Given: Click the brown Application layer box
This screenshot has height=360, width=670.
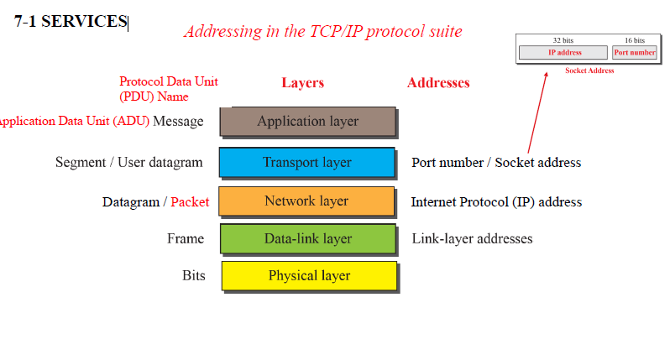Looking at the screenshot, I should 307,122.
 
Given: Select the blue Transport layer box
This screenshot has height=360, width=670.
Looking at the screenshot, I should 306,163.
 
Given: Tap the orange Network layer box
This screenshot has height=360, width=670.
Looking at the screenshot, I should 306,201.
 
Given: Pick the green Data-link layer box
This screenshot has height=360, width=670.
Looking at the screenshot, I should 308,239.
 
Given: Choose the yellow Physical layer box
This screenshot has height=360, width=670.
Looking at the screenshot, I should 309,276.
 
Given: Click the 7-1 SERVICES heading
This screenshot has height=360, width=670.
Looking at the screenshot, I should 71,22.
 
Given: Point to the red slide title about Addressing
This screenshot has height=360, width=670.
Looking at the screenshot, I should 322,32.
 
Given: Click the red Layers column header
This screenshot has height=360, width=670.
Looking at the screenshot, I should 302,83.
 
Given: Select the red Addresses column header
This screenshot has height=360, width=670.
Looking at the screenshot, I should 438,83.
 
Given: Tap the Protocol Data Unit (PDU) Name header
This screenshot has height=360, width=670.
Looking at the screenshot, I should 168,89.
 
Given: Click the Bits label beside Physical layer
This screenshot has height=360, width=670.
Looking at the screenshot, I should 193,275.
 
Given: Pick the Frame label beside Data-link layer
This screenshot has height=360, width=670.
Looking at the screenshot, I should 185,239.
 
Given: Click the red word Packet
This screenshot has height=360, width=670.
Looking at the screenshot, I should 190,202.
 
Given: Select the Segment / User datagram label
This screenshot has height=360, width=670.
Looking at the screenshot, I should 129,163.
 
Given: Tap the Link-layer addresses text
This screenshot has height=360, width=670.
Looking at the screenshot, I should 472,239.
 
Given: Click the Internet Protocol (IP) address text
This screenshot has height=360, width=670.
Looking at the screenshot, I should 496,202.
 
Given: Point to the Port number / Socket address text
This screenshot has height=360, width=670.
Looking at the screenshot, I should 496,163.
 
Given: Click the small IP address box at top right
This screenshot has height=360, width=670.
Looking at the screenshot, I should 564,52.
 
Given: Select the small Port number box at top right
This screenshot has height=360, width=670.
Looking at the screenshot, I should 635,52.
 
